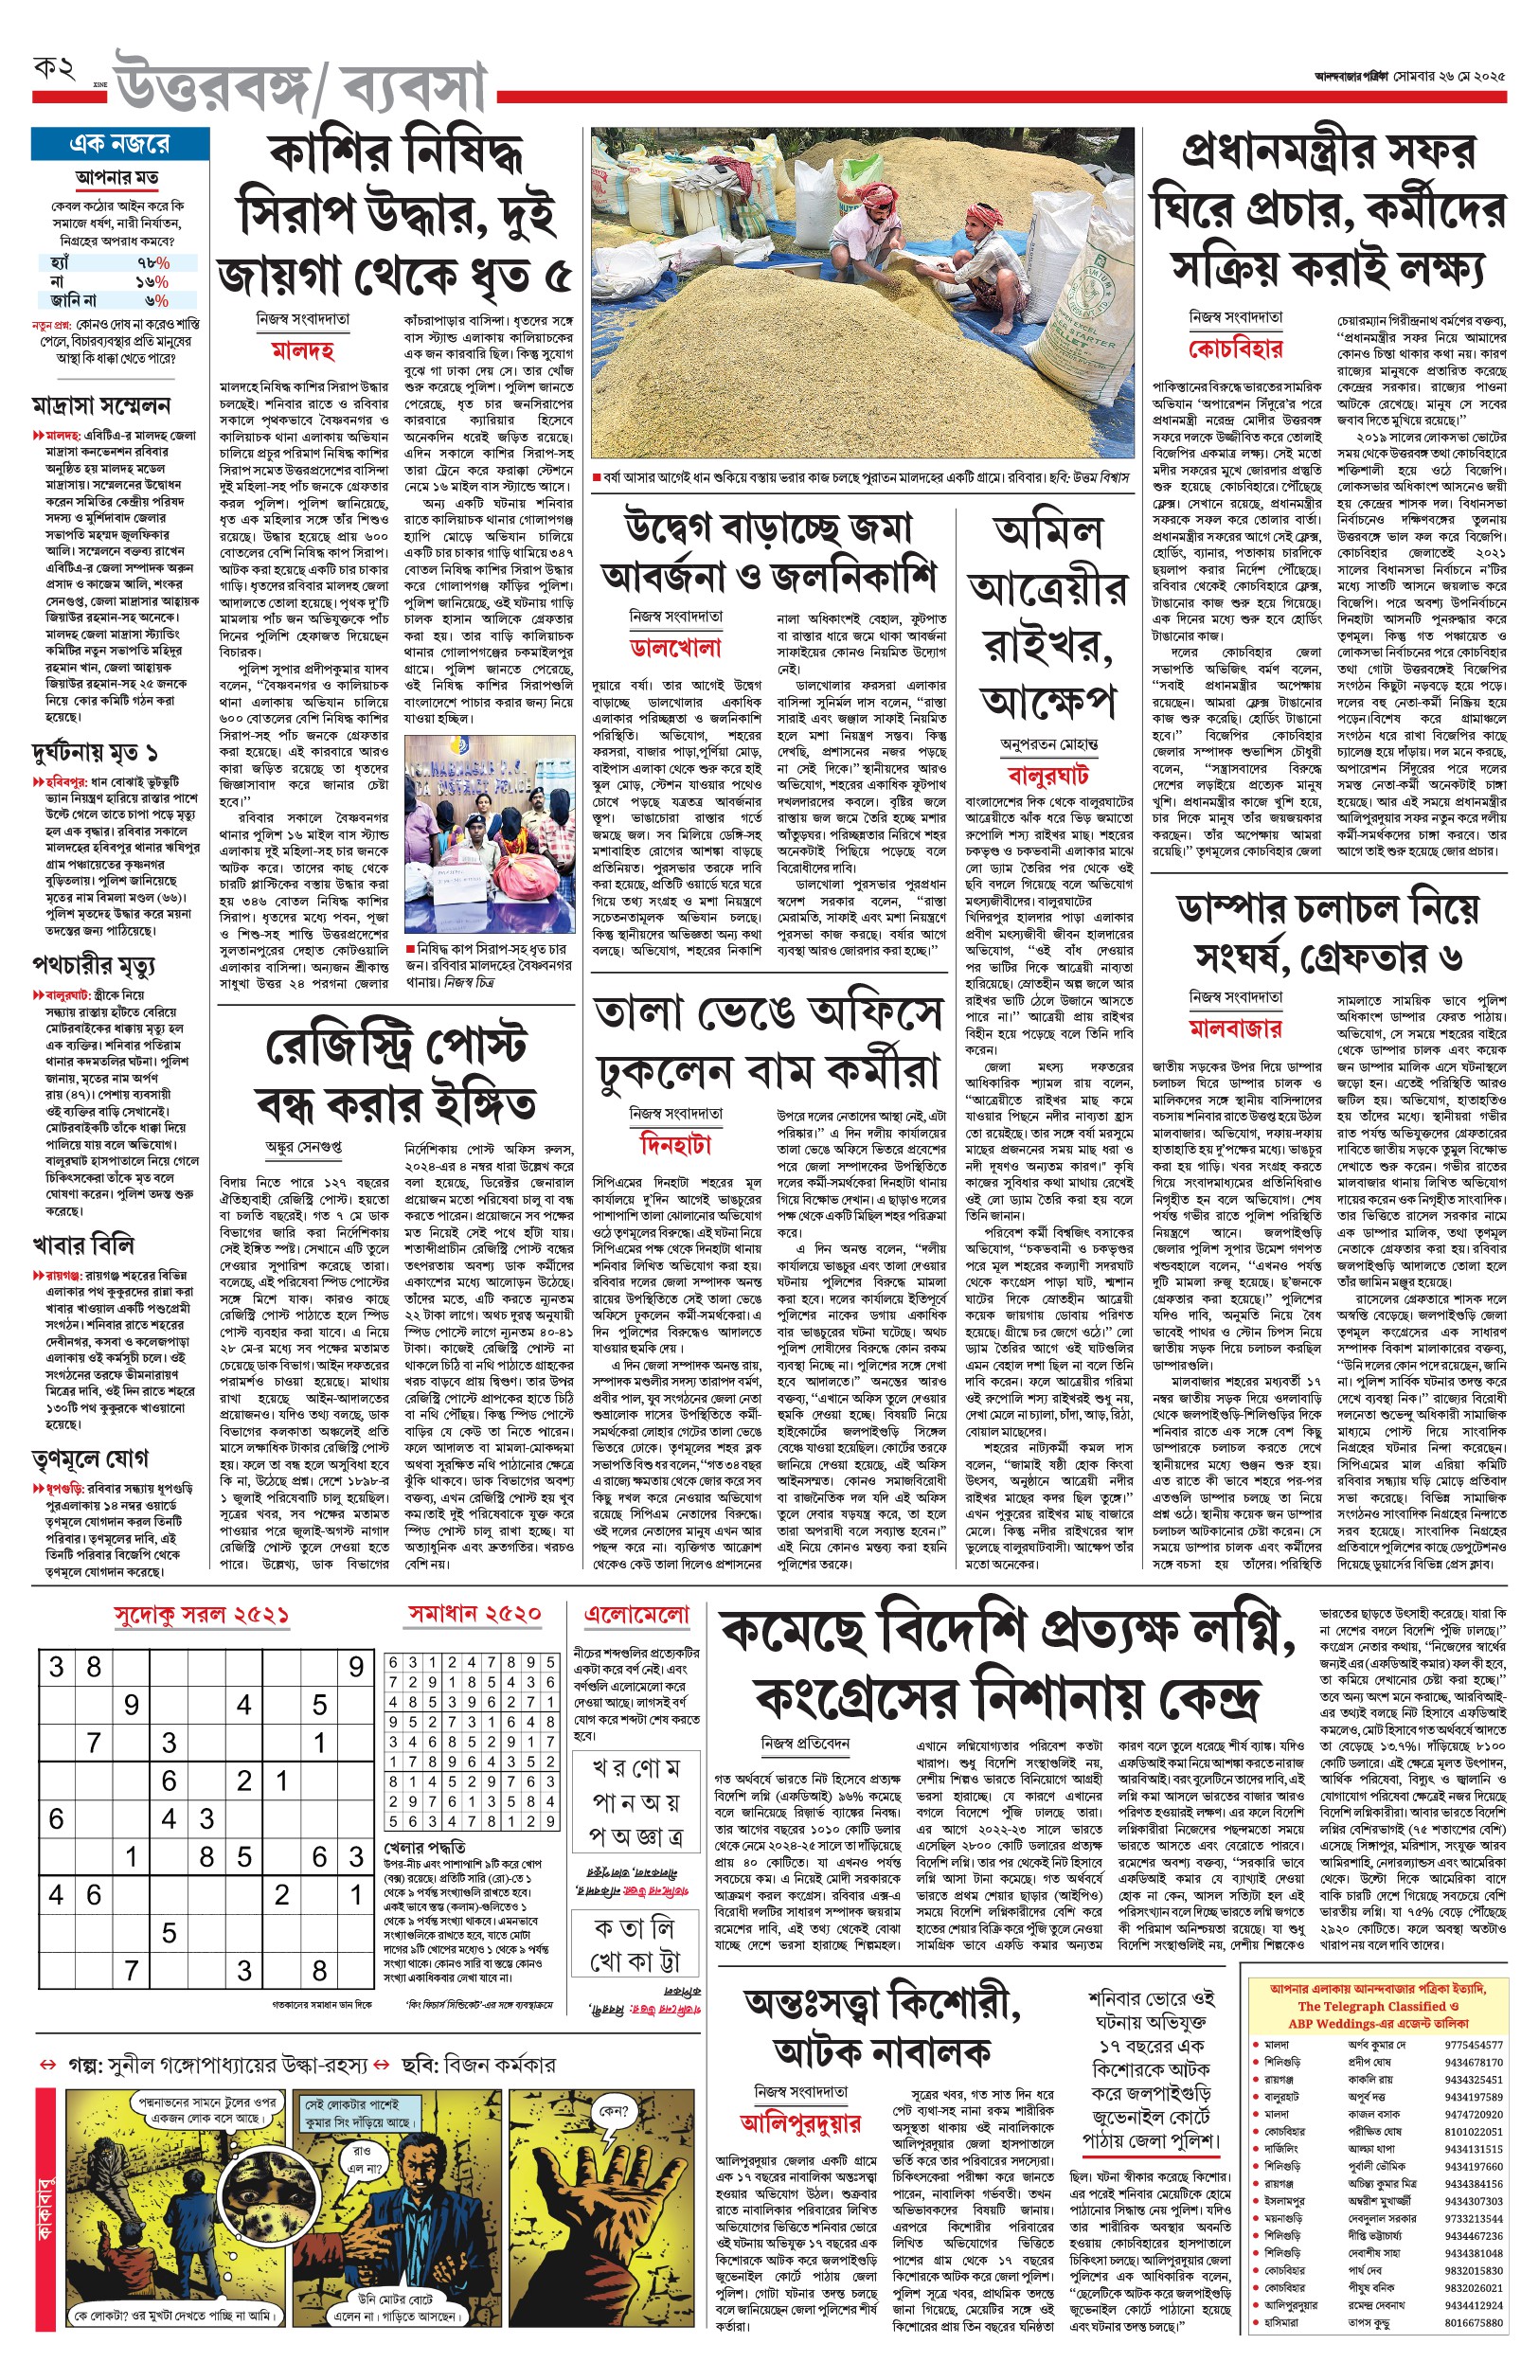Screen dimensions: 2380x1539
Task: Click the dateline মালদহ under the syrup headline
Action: point(303,350)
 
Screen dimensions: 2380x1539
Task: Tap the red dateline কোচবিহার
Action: point(1235,349)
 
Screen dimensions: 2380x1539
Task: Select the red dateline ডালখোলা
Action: point(675,648)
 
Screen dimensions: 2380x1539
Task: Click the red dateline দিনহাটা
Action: point(675,1144)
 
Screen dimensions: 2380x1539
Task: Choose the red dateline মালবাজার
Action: point(1235,1029)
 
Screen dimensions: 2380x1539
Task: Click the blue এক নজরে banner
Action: point(120,144)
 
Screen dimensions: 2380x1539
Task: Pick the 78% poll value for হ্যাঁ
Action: point(152,262)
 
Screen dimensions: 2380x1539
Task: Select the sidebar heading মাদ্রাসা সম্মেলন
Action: point(101,405)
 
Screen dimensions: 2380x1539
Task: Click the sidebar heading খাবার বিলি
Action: point(83,1245)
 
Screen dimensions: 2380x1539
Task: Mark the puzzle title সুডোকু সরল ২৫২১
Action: point(202,1616)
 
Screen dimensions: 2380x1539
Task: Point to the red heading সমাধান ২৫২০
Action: point(474,1614)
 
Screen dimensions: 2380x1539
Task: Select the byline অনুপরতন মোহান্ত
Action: point(1048,744)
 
